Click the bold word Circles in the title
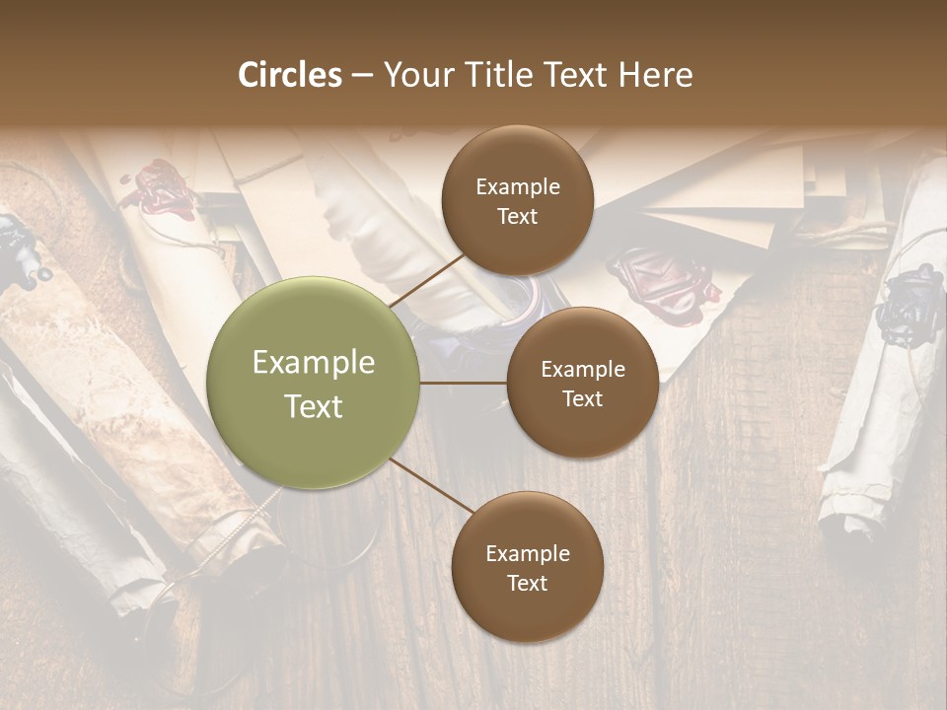point(290,75)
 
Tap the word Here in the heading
point(655,75)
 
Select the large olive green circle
point(314,383)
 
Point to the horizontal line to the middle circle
point(464,383)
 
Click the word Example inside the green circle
point(314,363)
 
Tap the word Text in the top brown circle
point(518,216)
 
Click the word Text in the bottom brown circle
point(527,583)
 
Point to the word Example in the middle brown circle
point(582,370)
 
